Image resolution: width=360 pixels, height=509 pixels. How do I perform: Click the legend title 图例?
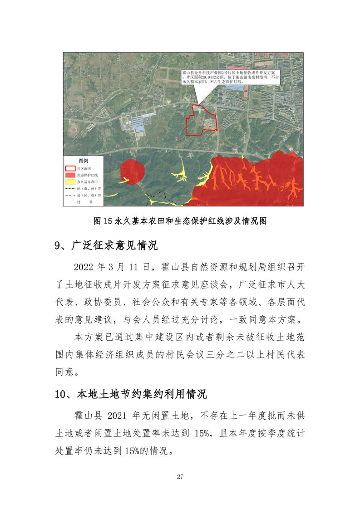pos(83,161)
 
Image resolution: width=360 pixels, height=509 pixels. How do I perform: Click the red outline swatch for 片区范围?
pos(70,168)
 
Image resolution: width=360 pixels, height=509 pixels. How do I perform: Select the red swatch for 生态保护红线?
pos(70,175)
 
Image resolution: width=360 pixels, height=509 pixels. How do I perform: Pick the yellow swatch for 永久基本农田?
pos(70,181)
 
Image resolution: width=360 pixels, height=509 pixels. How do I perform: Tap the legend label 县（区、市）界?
pos(89,195)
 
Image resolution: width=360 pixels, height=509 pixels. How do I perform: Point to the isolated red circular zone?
pos(132,171)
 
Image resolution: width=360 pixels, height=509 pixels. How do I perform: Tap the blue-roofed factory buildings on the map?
pos(138,122)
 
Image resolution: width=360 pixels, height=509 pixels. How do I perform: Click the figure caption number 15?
pos(108,221)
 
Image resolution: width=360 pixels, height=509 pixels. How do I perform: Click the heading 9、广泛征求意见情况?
pos(106,246)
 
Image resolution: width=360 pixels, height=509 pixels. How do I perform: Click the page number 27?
pos(180,476)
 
